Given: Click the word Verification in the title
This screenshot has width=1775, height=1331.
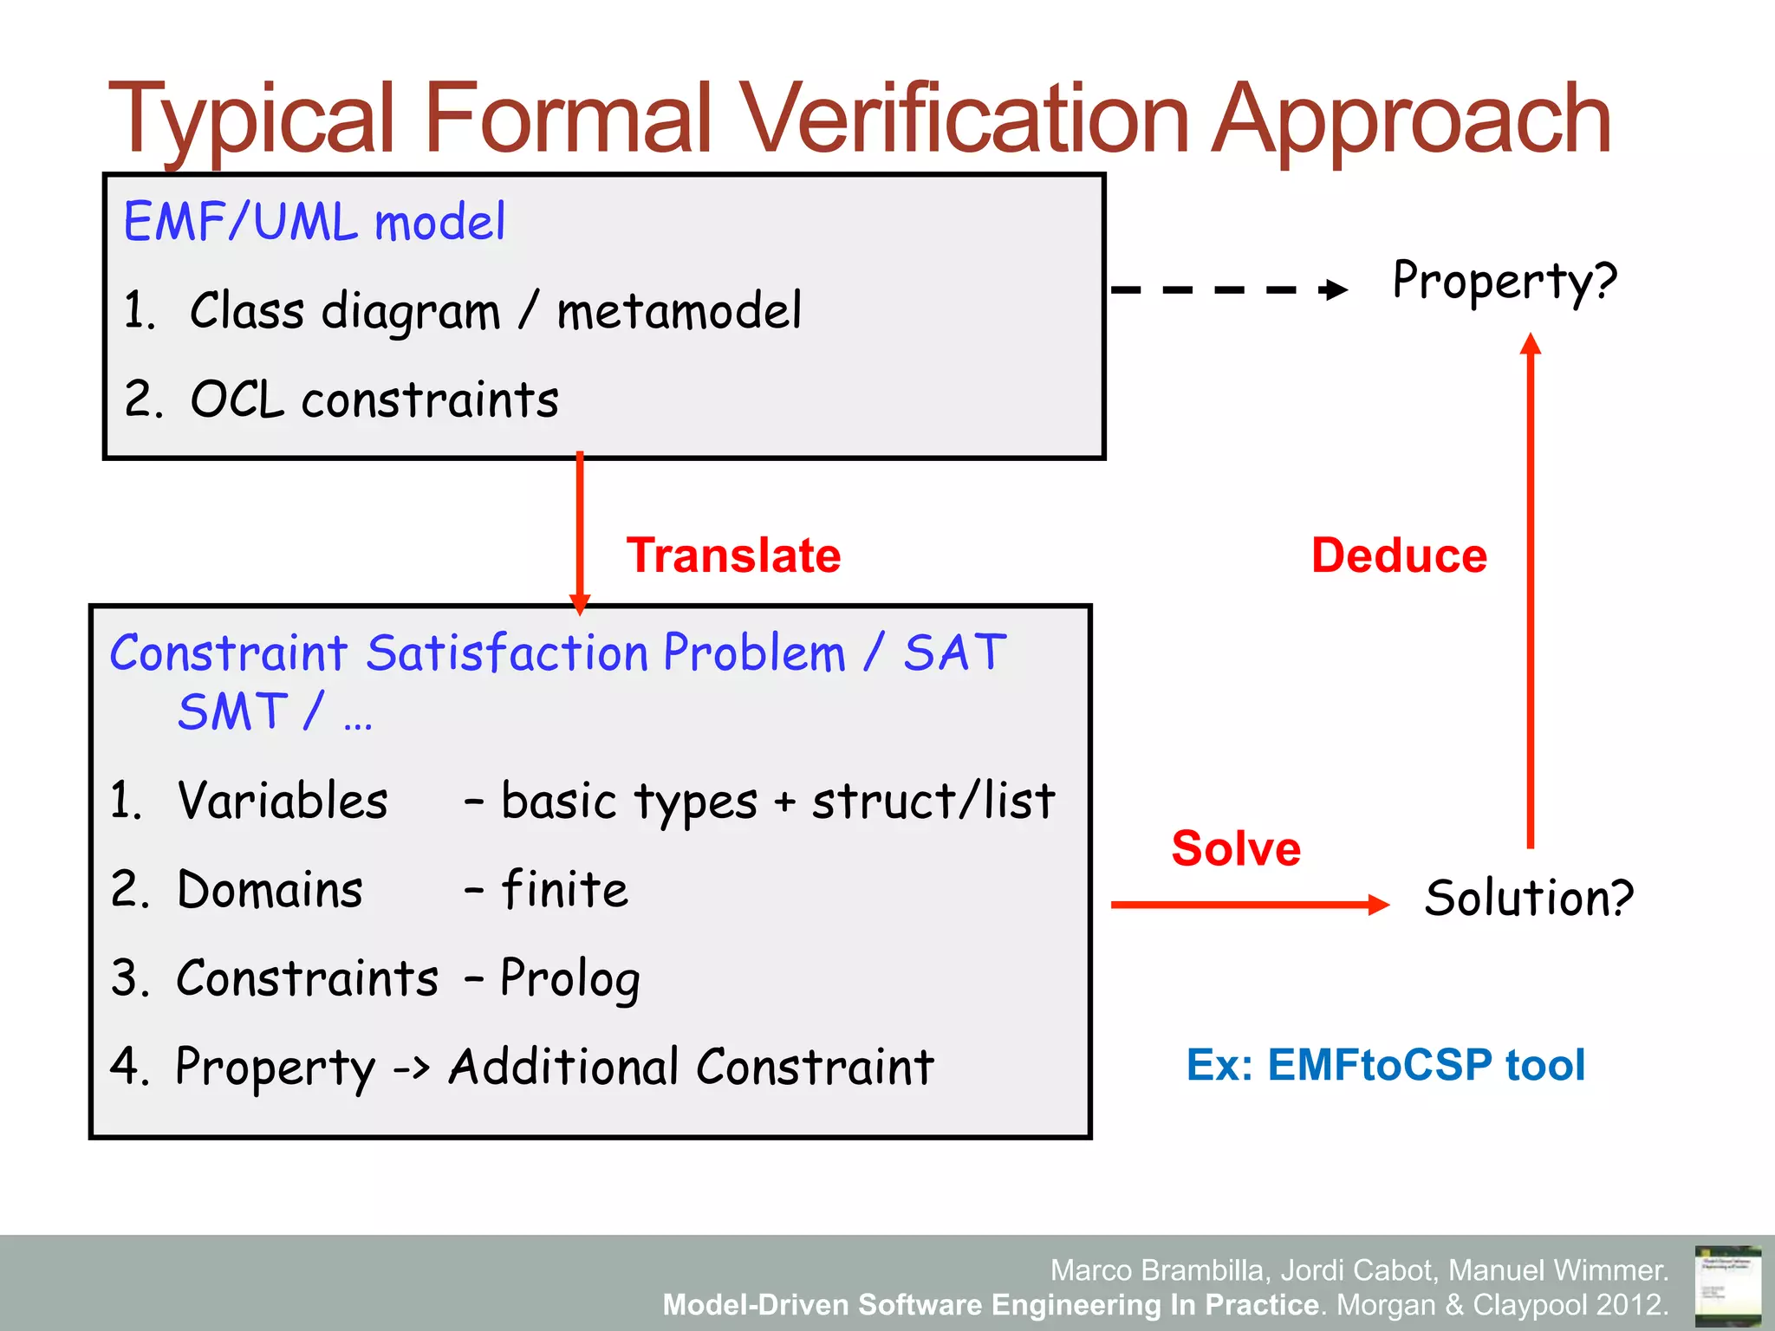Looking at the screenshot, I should click(964, 119).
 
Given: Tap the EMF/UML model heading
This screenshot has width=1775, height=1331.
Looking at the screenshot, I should click(314, 222).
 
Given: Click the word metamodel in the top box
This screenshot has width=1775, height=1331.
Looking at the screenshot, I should click(679, 311).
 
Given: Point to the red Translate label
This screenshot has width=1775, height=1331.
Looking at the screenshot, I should click(733, 555).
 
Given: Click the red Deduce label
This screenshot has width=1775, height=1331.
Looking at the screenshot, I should click(1399, 555).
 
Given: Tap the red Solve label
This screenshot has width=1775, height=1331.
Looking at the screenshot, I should click(1236, 848).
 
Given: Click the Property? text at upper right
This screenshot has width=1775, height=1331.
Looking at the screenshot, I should click(1505, 281).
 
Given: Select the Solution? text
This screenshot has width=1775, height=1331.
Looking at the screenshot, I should click(1529, 898).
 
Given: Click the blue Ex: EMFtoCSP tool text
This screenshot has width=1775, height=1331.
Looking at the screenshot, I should click(1385, 1065).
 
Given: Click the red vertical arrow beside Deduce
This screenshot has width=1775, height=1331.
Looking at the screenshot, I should click(1531, 589).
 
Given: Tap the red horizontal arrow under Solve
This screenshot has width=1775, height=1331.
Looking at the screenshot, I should click(1248, 905).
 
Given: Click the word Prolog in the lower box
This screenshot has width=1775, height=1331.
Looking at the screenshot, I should click(570, 980).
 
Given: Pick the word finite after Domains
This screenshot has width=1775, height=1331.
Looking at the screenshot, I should click(564, 890).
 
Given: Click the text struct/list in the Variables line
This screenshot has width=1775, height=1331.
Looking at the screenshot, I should click(933, 801).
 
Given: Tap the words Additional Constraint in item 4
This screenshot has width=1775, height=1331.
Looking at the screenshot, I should click(691, 1068).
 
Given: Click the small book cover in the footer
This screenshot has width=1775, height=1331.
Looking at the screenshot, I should click(1726, 1285).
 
